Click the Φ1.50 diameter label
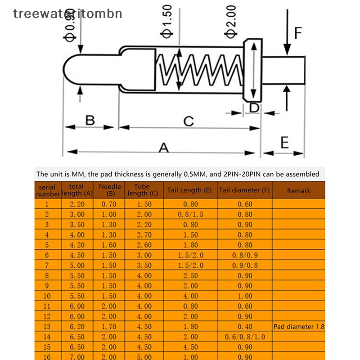[166, 21]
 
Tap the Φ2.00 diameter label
[230, 22]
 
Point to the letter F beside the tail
[298, 33]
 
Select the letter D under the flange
[254, 108]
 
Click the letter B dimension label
[90, 120]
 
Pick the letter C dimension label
[189, 121]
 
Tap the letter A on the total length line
[164, 148]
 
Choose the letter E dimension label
[285, 142]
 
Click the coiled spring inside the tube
[200, 70]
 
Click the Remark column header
[298, 191]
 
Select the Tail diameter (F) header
[244, 190]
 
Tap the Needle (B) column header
[110, 190]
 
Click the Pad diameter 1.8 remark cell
[299, 327]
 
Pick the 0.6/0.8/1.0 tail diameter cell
[245, 337]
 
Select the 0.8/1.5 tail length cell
[190, 214]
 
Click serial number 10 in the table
[47, 296]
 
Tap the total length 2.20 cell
[77, 204]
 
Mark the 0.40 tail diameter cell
[245, 327]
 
